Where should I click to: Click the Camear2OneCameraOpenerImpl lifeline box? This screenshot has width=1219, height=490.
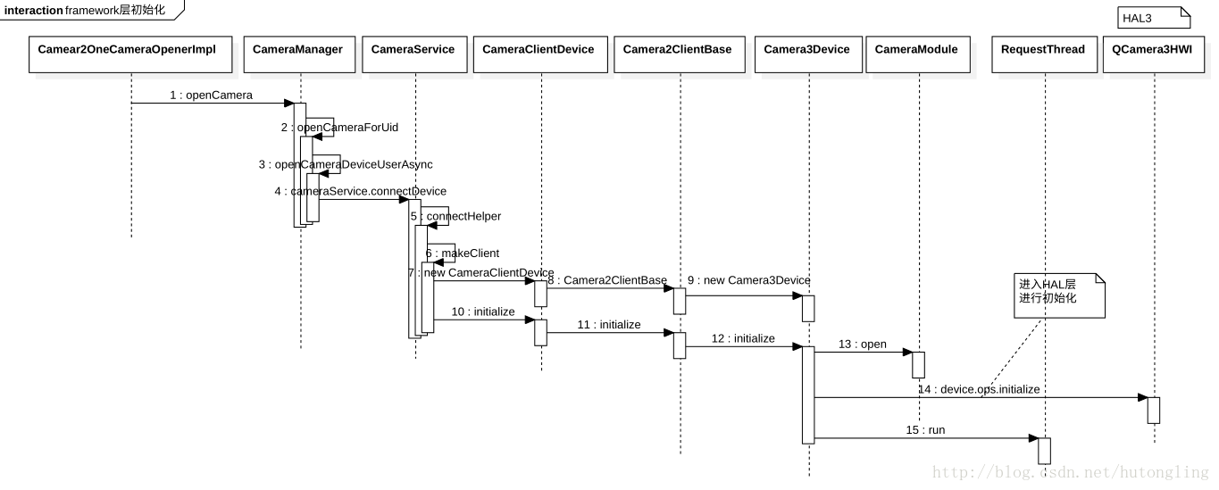click(x=127, y=54)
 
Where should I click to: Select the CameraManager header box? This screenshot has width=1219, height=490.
click(x=297, y=54)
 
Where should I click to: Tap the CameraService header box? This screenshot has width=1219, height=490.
click(x=413, y=54)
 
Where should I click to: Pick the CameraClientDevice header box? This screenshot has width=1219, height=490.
click(x=538, y=54)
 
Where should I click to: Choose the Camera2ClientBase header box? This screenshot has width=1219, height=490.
click(x=677, y=54)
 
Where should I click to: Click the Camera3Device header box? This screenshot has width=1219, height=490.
click(x=806, y=54)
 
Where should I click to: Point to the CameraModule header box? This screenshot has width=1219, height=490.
click(x=916, y=54)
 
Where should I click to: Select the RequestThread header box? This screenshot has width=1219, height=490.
click(x=1042, y=54)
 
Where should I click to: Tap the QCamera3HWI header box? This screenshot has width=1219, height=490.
click(x=1152, y=54)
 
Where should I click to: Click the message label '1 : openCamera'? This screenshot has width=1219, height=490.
click(x=211, y=95)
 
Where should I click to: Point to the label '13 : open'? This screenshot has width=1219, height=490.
click(x=862, y=344)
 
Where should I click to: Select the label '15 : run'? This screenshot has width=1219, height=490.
click(x=925, y=430)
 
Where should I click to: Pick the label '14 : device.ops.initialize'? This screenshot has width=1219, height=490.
click(x=978, y=389)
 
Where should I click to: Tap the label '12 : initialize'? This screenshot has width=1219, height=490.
click(x=743, y=338)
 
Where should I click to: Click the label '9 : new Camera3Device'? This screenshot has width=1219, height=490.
click(x=748, y=280)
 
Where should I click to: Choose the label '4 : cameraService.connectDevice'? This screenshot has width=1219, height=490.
click(x=360, y=191)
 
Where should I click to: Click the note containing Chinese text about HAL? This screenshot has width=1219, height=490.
click(x=1059, y=295)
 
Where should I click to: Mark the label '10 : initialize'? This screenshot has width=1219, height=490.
click(x=483, y=311)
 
